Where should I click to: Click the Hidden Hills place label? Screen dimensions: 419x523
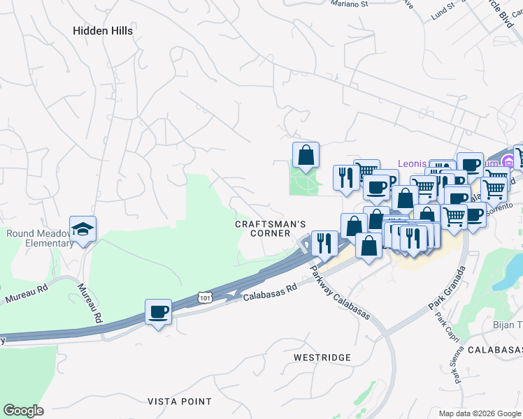click(103, 31)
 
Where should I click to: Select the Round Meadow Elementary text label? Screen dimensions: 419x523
click(39, 238)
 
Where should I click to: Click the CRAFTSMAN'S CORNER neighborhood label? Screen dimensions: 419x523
click(271, 228)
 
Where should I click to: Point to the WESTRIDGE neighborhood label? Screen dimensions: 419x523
click(322, 358)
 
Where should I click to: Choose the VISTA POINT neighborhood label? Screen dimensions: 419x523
click(180, 402)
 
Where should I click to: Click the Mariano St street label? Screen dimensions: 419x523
click(349, 4)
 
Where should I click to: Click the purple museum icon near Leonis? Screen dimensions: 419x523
click(508, 163)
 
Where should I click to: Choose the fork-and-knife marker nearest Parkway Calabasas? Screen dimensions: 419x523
click(324, 242)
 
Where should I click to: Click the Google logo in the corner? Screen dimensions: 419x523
click(23, 411)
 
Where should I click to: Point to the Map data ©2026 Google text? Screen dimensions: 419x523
click(480, 413)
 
